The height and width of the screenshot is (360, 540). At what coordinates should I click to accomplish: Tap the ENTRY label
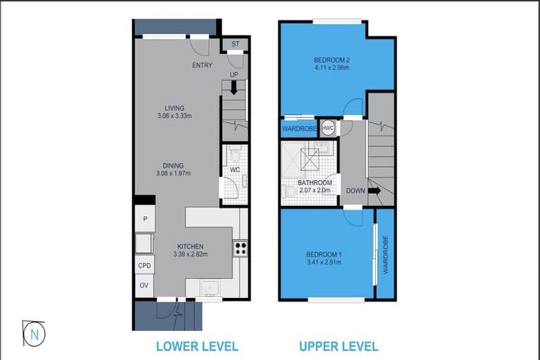(202, 65)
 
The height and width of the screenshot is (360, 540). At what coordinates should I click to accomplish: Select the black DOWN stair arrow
(373, 190)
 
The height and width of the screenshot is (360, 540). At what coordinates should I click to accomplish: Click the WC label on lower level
(236, 169)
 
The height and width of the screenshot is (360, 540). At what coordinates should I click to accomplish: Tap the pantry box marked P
(145, 219)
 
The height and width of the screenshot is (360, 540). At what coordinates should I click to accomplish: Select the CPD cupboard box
(145, 266)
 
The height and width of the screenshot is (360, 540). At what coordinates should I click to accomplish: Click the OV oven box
(145, 285)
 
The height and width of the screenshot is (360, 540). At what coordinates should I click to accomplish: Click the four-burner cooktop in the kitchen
(240, 247)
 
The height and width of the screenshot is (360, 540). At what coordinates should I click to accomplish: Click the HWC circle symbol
(328, 128)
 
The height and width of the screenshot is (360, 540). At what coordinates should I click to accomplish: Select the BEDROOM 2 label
(332, 60)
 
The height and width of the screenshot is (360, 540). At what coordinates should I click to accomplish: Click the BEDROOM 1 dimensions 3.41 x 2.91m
(323, 263)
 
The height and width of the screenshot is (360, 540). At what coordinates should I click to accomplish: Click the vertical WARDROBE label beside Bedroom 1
(385, 254)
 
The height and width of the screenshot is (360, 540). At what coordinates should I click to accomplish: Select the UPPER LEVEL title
(338, 346)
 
